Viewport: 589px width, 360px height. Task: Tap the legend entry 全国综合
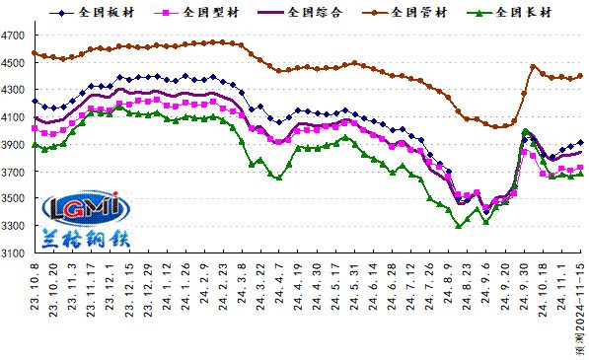pos(296,13)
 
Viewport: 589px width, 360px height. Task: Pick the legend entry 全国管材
pos(404,13)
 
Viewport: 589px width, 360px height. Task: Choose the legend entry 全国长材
pos(508,13)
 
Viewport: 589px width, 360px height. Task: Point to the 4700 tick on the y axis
pos(15,36)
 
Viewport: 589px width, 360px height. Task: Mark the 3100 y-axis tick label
pos(15,253)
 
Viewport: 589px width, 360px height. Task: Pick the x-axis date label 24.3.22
pos(261,291)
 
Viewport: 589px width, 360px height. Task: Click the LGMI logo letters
pos(81,208)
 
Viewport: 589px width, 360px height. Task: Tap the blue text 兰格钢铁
pos(82,238)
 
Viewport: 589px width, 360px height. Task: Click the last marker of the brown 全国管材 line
pos(580,76)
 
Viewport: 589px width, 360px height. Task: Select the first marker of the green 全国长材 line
pos(35,145)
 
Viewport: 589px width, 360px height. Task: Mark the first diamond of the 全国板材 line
pos(35,101)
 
